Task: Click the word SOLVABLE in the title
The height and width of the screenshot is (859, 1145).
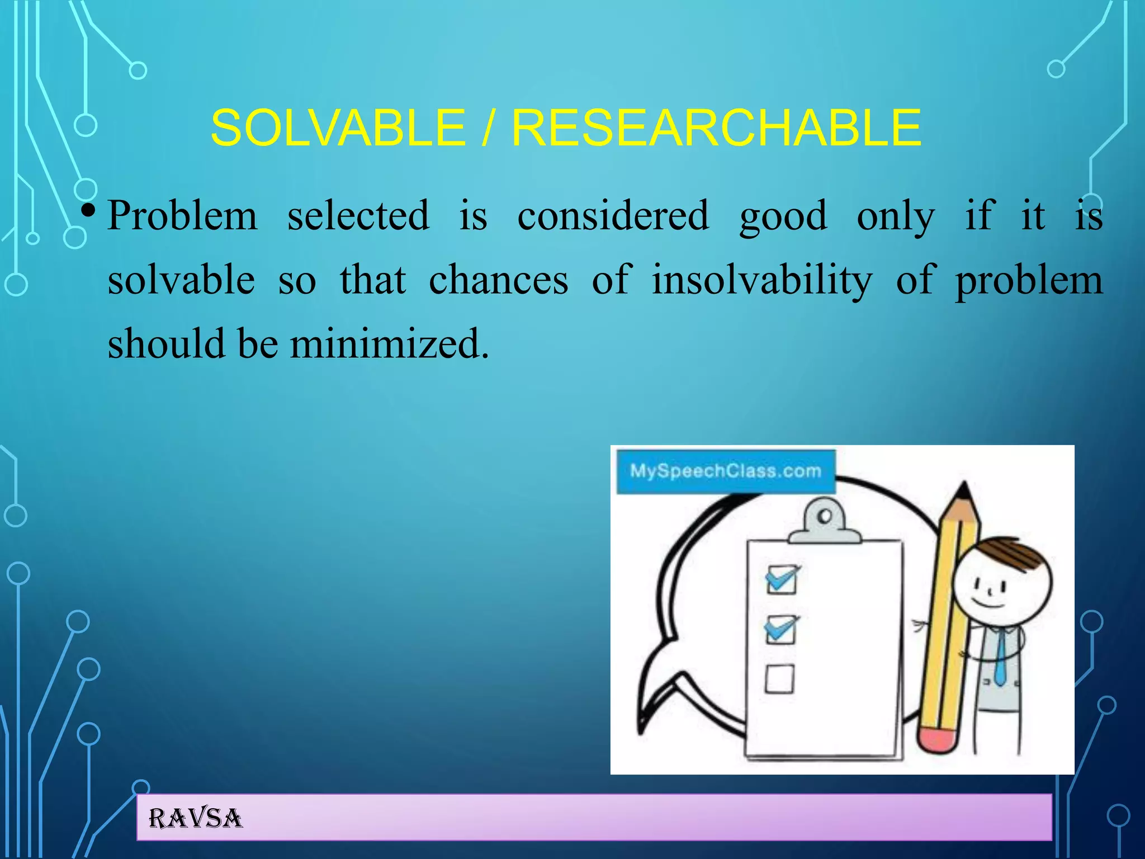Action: (x=338, y=128)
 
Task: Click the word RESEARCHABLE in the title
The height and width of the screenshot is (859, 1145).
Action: (x=716, y=128)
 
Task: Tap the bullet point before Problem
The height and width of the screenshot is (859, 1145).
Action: (x=88, y=212)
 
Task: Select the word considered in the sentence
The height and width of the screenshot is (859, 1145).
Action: (x=613, y=215)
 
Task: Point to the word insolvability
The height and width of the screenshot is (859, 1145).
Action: (x=761, y=280)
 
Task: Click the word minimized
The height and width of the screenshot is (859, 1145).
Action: (x=389, y=343)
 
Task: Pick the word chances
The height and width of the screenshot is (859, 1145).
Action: (x=498, y=280)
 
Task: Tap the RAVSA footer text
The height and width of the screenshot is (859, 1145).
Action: (x=195, y=818)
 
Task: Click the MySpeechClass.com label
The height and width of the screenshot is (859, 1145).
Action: (x=725, y=471)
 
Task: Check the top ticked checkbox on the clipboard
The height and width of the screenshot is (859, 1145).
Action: (x=781, y=579)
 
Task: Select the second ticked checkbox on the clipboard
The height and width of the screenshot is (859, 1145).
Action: (x=780, y=630)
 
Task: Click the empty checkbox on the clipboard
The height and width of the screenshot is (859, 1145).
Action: (x=779, y=678)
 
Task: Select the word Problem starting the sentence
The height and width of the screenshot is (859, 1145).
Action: (x=182, y=215)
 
